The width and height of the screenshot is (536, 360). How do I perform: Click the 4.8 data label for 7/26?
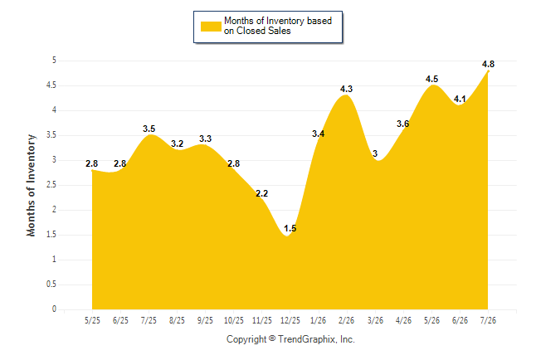pos(488,64)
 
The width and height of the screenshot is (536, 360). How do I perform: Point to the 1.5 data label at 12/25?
pos(290,228)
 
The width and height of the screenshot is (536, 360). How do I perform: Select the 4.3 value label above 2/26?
pos(346,89)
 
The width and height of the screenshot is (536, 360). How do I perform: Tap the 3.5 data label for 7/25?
pos(149,129)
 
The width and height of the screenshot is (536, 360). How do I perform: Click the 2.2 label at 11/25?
pos(261,193)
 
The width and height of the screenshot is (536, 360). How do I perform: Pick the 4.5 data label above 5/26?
pos(431,79)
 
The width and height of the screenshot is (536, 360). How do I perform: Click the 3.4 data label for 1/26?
pos(318,134)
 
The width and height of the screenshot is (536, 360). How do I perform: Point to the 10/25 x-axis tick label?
pos(234,320)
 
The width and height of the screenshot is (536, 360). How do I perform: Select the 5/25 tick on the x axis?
pos(92,320)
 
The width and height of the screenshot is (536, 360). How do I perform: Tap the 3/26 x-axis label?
pos(375,320)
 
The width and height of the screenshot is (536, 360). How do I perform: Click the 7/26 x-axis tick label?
pos(488,320)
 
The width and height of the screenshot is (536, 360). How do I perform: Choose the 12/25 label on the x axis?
pos(290,320)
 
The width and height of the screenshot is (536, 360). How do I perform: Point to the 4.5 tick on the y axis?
pos(51,85)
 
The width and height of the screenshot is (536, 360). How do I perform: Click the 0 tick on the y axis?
pos(54,309)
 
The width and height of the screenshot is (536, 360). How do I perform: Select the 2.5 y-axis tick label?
pos(51,185)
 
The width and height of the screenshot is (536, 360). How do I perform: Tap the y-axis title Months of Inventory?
pos(31,185)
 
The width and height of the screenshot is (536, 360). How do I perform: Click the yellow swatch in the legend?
pos(211,27)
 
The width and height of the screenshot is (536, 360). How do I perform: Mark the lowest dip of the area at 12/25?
pos(287,236)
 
